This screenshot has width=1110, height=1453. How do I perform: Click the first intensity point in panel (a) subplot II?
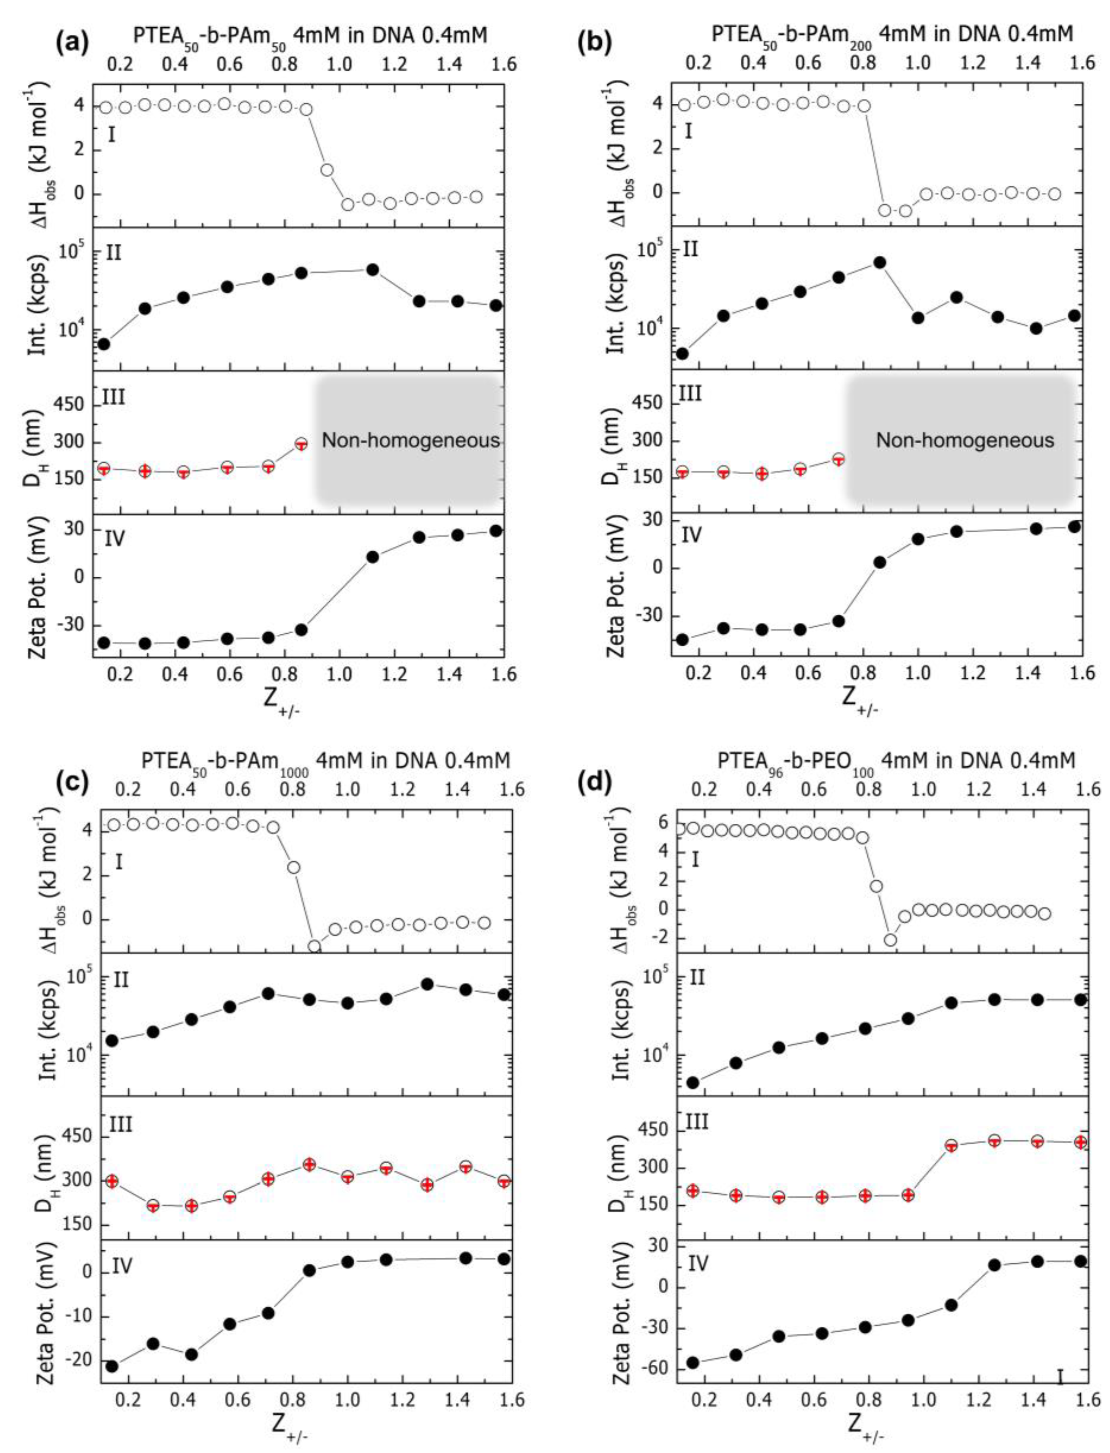[104, 344]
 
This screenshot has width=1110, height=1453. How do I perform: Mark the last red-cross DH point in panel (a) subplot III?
[301, 444]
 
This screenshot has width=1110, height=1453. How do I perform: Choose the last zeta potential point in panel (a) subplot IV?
[496, 530]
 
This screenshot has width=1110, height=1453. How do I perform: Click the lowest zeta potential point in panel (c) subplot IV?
[112, 1366]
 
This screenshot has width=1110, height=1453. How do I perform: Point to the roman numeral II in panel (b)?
[690, 250]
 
